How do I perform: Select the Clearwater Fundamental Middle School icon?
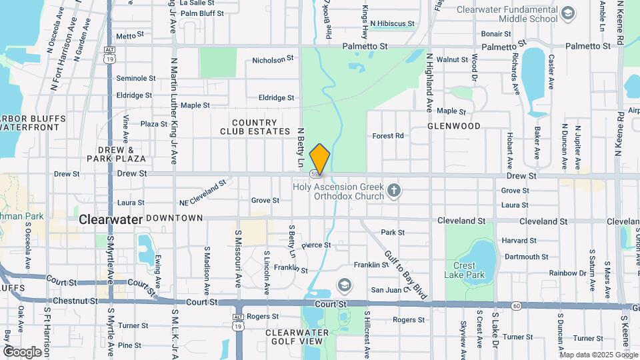(567, 13)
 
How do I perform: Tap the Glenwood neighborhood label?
(453, 126)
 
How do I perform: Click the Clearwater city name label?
(110, 219)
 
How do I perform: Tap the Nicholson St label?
(273, 60)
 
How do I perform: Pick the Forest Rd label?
(388, 136)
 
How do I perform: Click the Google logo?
(23, 351)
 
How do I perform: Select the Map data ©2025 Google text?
(599, 355)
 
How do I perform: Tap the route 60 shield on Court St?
(517, 306)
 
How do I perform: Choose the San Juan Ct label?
(389, 290)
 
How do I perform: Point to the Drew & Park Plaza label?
(116, 154)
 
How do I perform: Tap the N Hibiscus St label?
(392, 23)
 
